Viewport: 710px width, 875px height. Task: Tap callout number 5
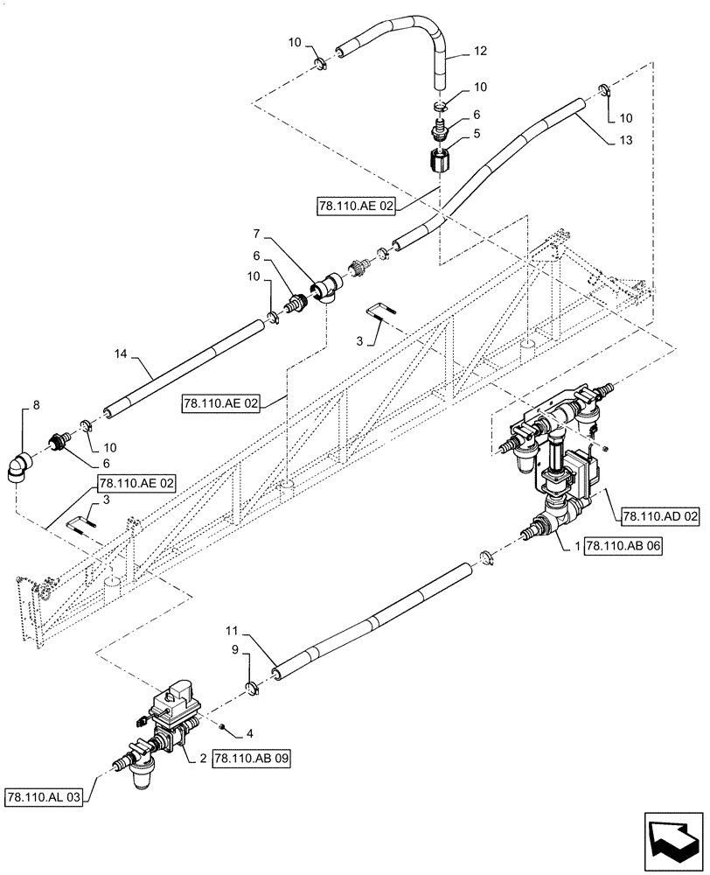point(477,135)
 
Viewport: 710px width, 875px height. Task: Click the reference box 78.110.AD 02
point(661,517)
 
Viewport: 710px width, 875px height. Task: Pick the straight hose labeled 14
point(184,368)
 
